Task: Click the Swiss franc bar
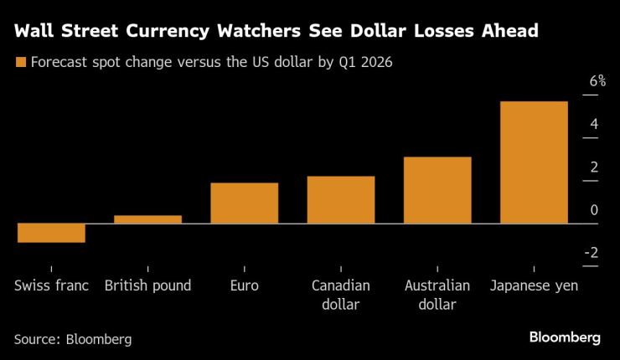click(x=51, y=233)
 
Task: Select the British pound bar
click(x=147, y=219)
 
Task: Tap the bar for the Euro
click(x=244, y=203)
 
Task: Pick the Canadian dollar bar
click(x=340, y=200)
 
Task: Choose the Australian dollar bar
click(x=437, y=190)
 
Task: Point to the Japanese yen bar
click(x=534, y=162)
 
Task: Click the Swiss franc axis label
click(x=51, y=285)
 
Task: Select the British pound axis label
click(x=147, y=285)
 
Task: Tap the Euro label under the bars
click(x=244, y=285)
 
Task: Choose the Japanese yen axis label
click(x=534, y=285)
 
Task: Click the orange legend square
click(x=20, y=62)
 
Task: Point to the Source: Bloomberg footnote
click(x=73, y=339)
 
